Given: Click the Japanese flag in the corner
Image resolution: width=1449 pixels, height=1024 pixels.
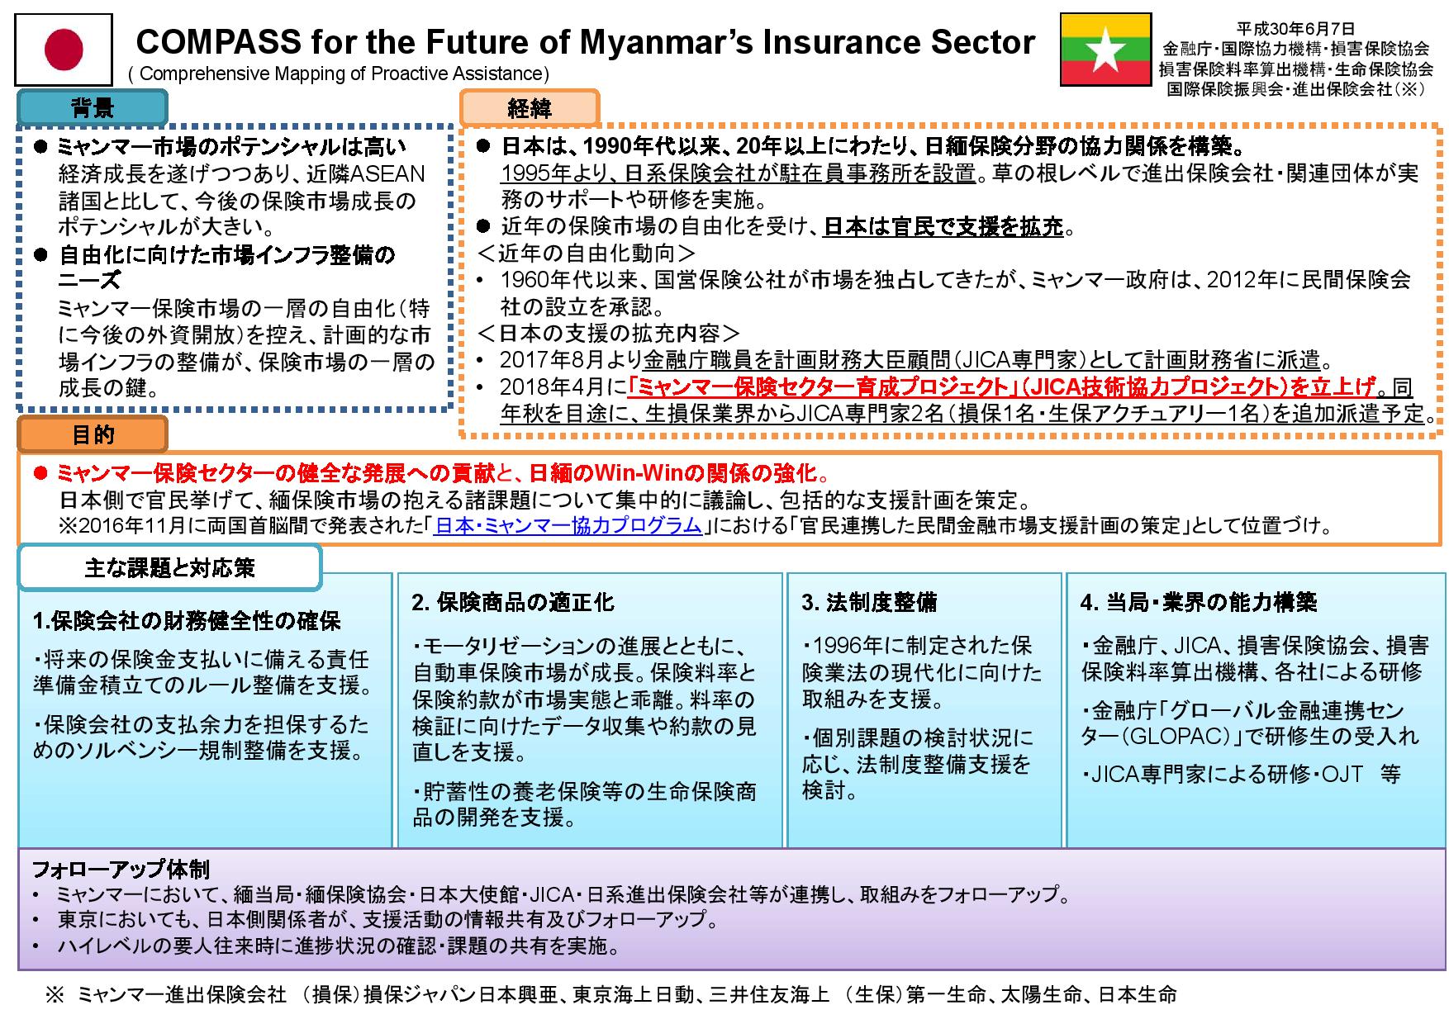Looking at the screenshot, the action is coord(64,50).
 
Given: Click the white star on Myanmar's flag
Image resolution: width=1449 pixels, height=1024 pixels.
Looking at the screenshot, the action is coord(1105,51).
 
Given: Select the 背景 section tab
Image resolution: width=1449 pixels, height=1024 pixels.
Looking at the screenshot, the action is coord(93,107).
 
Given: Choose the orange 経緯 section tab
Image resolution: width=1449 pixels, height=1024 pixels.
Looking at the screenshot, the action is coord(530,107).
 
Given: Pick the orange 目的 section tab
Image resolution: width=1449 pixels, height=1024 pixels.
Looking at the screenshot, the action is coord(93,434).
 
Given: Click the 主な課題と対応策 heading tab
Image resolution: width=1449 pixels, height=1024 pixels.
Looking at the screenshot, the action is coord(170,568).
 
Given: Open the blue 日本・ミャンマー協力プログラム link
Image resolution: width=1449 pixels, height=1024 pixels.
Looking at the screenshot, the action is coord(568,525).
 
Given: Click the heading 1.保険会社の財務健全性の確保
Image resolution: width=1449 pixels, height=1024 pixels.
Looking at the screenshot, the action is coord(187,620).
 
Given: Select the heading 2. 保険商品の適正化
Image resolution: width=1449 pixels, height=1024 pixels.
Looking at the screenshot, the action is coord(513,602).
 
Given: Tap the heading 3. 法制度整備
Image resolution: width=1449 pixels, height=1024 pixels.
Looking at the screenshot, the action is coord(869,602).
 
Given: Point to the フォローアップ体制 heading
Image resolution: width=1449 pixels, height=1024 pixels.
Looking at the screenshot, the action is coord(121,869).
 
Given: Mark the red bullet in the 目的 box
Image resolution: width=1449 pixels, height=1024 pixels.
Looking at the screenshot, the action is coord(40,474).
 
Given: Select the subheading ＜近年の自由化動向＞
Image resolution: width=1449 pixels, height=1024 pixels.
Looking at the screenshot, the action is coord(587,253).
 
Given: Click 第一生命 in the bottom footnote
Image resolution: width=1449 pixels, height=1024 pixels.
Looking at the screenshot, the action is coord(946,995).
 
